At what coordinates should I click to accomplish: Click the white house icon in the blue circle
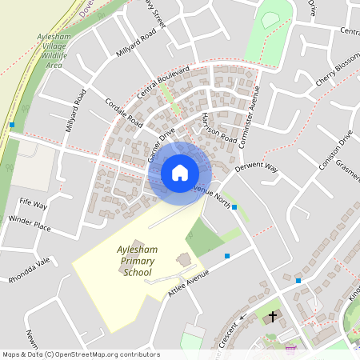180,173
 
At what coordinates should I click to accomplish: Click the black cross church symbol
273,317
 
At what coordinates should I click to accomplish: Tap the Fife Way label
34,206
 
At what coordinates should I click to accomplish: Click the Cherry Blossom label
337,74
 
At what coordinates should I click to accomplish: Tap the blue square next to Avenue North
234,207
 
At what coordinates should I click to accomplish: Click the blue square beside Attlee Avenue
227,256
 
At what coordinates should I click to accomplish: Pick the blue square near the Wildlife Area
12,125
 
